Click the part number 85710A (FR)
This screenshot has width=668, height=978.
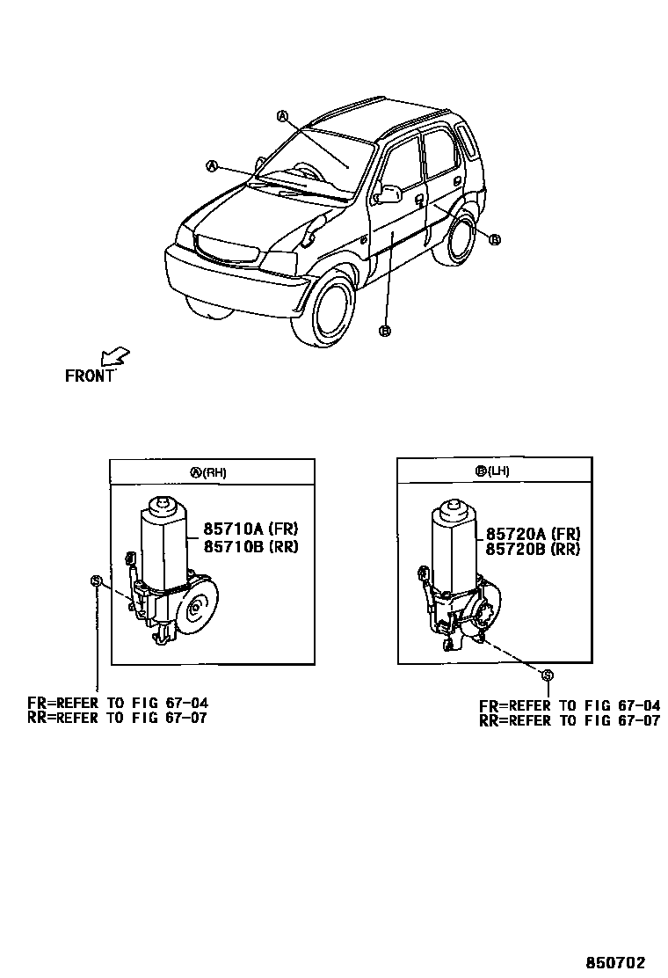click(x=251, y=529)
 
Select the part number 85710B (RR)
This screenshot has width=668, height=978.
click(x=251, y=546)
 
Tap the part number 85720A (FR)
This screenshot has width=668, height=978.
click(x=533, y=533)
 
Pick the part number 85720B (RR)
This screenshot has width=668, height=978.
click(x=533, y=549)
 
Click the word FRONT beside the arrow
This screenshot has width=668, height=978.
click(x=90, y=376)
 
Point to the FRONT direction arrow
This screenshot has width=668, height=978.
click(x=114, y=356)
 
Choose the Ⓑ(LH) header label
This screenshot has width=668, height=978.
click(x=492, y=471)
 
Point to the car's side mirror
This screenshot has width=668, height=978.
click(x=388, y=193)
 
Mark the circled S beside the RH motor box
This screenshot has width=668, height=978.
click(x=96, y=580)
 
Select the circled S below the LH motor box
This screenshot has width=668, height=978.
click(x=547, y=675)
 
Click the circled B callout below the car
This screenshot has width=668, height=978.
click(x=383, y=331)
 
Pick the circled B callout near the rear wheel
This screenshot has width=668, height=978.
click(x=494, y=239)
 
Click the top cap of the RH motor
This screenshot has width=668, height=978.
click(x=161, y=505)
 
